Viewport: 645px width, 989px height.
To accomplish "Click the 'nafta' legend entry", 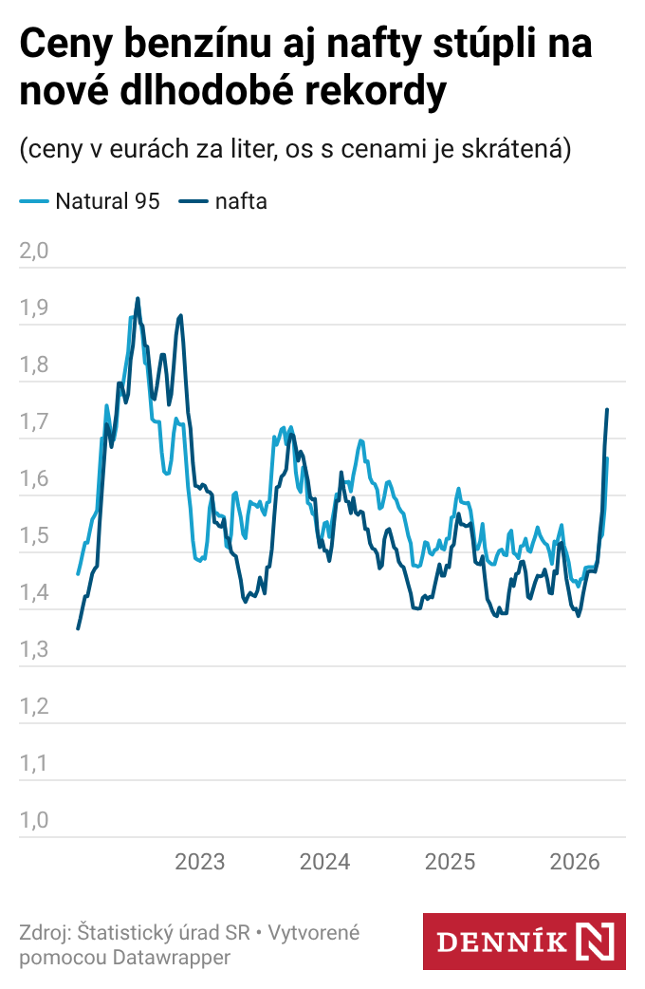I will click(x=240, y=201).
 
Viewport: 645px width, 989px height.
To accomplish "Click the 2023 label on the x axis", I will click(x=200, y=862).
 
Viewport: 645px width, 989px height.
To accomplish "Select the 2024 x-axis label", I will click(x=325, y=862).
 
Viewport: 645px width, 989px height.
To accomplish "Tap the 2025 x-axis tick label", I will click(x=450, y=862).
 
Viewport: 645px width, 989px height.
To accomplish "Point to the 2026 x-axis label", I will click(x=575, y=862).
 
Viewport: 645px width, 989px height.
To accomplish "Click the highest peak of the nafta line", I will click(x=138, y=298).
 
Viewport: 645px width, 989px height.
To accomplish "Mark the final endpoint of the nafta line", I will click(x=607, y=409).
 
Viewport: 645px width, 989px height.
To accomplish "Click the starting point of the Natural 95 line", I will click(x=78, y=574).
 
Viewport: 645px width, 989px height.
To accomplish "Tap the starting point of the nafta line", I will click(x=78, y=628).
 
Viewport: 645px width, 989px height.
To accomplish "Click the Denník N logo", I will click(x=524, y=942).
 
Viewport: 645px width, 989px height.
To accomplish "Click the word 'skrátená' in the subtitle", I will click(x=516, y=149).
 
